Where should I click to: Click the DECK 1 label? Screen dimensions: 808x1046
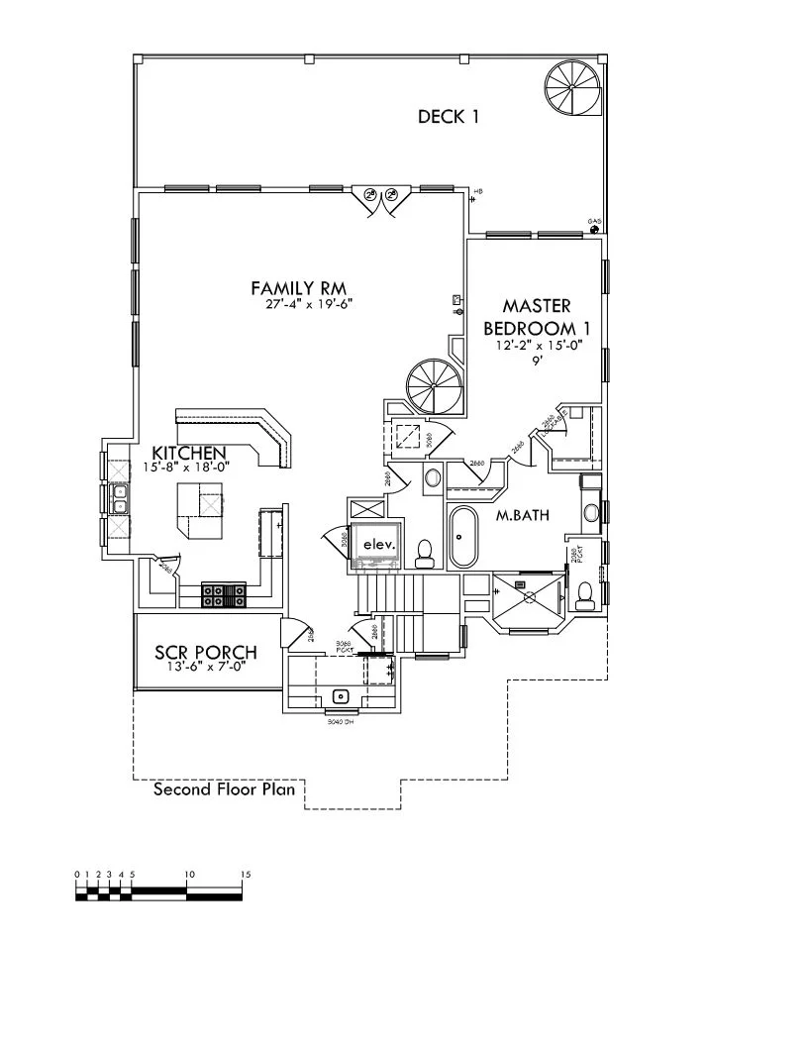coord(448,117)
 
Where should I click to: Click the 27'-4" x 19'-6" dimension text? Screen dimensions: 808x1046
coord(310,304)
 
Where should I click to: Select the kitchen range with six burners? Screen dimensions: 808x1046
coord(224,594)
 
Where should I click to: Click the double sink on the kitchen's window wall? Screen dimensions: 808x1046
coord(119,498)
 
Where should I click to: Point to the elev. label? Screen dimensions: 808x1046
coord(377,545)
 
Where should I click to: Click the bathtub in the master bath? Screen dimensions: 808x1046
coord(462,537)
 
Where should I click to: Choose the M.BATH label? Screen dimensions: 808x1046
coord(522,514)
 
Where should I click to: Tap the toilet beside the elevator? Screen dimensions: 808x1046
coord(425,552)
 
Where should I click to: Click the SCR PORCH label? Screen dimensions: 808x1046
coord(206,653)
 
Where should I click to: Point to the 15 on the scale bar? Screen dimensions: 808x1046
coord(245,875)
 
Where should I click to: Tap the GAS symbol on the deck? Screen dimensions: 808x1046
coord(594,229)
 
